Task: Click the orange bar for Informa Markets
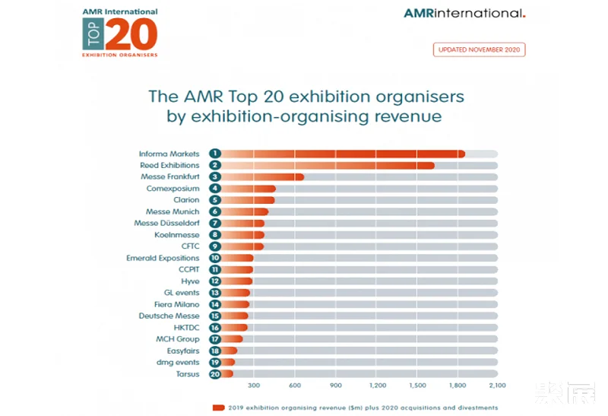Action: coord(342,154)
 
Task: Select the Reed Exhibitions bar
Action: coord(327,165)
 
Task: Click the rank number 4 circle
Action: coord(216,189)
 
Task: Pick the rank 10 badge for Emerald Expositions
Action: coord(216,258)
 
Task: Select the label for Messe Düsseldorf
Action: coord(166,224)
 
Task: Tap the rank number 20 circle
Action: coord(216,373)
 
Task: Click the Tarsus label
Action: coord(188,374)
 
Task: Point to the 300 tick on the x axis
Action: coord(254,386)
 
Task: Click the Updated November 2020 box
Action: coord(479,50)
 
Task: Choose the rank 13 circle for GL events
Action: coord(216,293)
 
